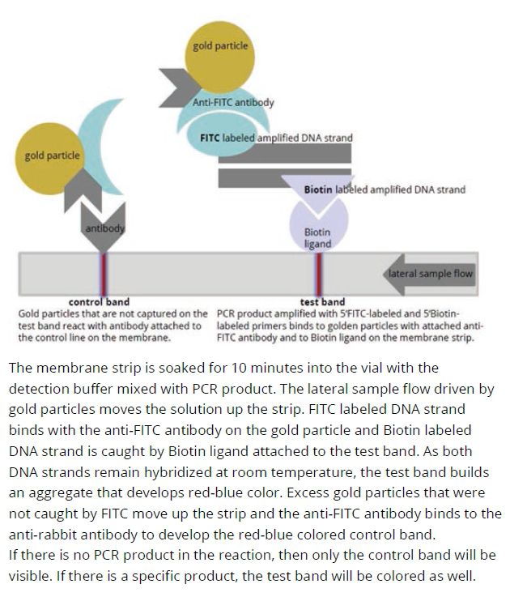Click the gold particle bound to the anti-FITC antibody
219,57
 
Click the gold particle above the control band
50,158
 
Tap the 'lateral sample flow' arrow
429,274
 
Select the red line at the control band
104,274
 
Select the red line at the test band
318,274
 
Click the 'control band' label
99,301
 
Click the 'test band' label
322,301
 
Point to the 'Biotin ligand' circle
318,225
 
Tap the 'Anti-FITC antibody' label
233,102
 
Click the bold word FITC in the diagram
210,138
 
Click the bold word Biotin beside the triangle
318,190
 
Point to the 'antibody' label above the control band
104,228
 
